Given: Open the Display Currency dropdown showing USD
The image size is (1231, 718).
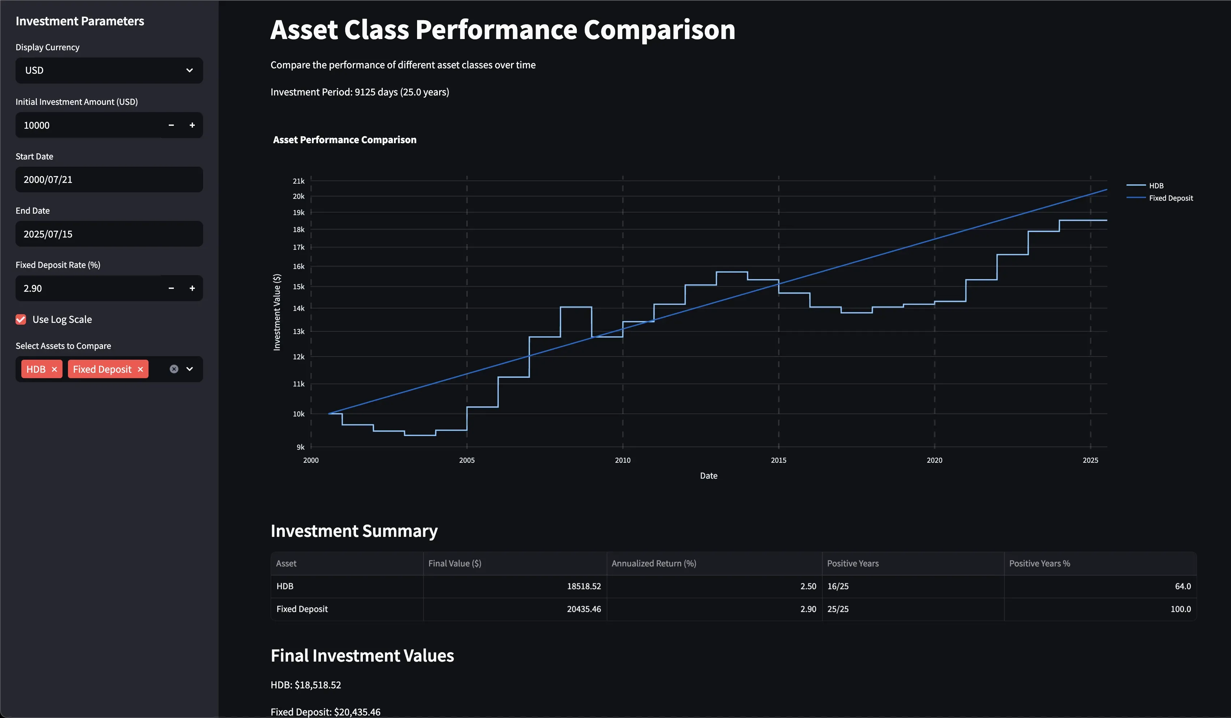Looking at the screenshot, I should (109, 70).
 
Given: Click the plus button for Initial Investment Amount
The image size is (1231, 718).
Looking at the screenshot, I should (192, 125).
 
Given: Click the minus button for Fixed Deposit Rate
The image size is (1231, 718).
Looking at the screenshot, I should (171, 289).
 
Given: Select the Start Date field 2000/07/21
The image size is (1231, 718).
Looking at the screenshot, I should (109, 179).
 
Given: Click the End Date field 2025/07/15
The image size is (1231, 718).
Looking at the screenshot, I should (109, 234).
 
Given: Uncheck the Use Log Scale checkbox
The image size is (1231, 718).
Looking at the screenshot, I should (21, 320).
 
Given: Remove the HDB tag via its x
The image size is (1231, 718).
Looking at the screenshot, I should (54, 369).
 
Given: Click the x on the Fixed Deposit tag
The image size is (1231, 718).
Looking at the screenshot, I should (140, 369).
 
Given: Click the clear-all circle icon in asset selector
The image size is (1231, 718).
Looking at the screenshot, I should (174, 369).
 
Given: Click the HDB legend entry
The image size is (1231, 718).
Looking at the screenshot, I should (1156, 186).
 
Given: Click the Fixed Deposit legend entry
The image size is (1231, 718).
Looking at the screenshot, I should (1170, 198).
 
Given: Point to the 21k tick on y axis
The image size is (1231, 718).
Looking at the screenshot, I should (299, 181).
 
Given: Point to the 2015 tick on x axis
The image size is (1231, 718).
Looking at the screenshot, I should (778, 461).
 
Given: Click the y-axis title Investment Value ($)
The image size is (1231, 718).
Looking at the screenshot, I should (277, 312).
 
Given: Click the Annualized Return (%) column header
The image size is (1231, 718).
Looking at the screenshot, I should (653, 564).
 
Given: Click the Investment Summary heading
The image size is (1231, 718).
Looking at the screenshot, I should (354, 531).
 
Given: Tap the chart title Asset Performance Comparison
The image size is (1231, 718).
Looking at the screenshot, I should (344, 140).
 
